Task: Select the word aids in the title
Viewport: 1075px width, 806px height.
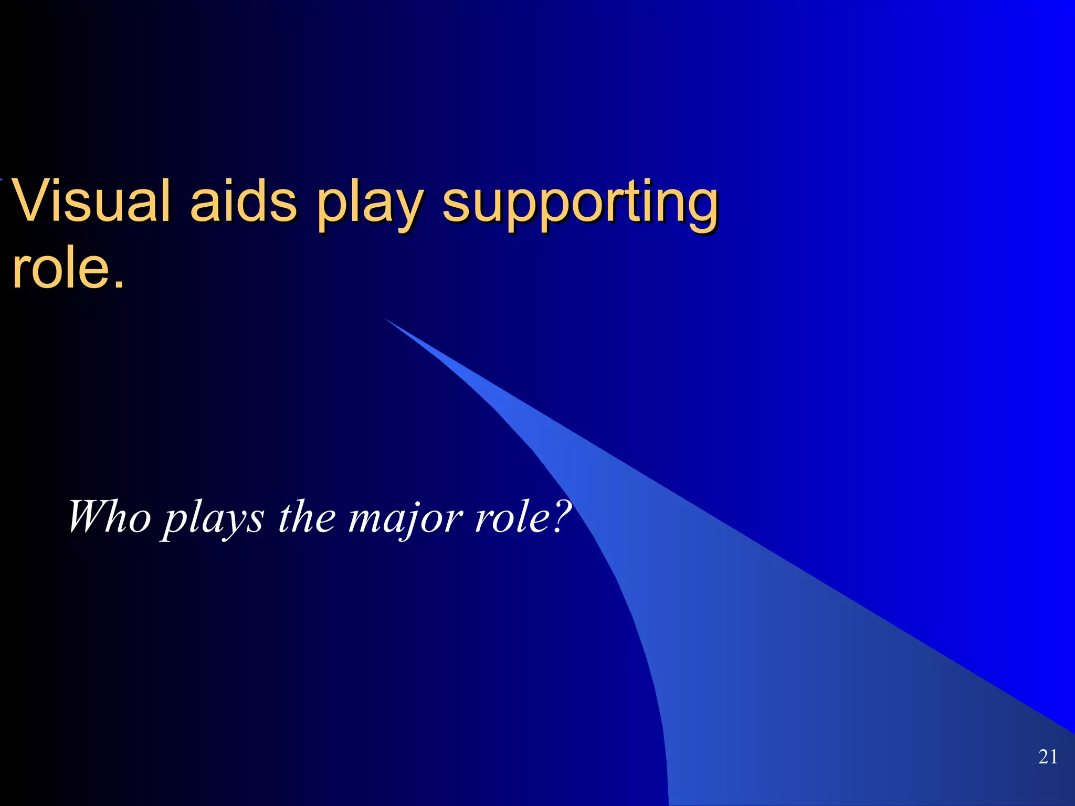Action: point(244,200)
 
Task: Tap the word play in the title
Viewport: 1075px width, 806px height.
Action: point(370,205)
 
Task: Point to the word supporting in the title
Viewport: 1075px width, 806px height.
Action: point(580,205)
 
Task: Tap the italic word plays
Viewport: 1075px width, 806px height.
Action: point(213,519)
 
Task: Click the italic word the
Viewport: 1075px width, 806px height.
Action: point(307,517)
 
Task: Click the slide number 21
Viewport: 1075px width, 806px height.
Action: point(1048,757)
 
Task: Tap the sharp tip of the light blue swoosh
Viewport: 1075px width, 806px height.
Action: point(387,320)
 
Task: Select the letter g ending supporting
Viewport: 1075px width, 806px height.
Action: point(701,207)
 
